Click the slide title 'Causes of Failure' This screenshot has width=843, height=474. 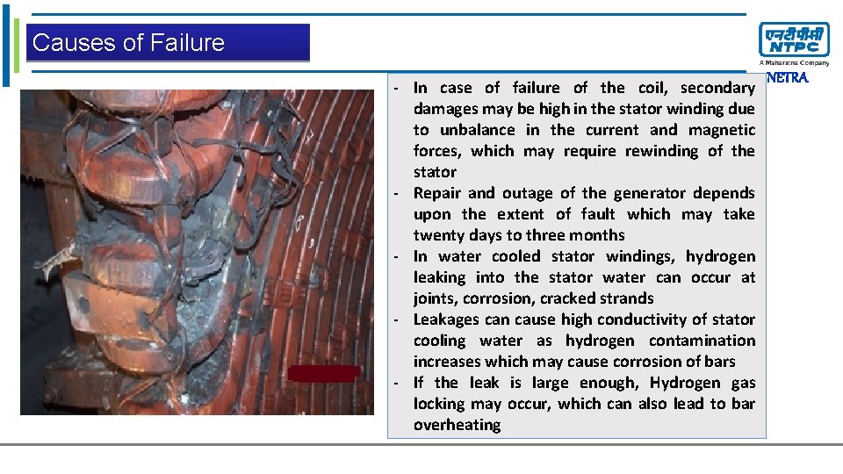click(x=128, y=42)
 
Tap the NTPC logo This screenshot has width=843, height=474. click(x=793, y=40)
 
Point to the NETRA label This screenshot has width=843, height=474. click(x=787, y=78)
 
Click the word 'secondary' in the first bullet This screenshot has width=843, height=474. click(x=717, y=88)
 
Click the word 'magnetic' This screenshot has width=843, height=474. click(x=722, y=130)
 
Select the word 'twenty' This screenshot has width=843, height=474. click(x=438, y=235)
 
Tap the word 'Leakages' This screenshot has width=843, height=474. click(x=447, y=320)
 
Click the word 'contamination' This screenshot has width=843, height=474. click(x=702, y=341)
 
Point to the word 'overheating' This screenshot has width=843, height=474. click(x=457, y=425)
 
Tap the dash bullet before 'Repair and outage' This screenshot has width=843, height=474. click(x=398, y=193)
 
